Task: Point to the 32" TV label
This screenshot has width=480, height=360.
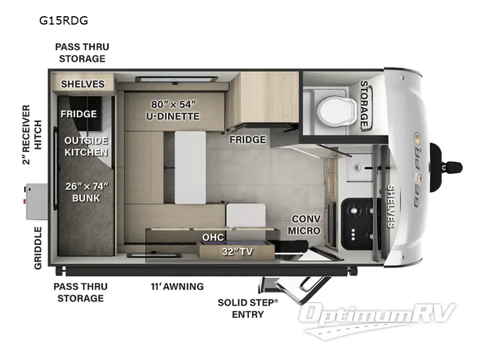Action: pos(237,251)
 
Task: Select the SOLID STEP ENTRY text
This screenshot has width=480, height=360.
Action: pos(248,308)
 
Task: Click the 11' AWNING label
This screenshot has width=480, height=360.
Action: pos(177,286)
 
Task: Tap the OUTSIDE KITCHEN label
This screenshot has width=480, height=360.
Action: pos(86,146)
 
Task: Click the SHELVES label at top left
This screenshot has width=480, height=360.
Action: pos(83,84)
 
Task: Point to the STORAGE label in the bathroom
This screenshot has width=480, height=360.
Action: pos(364,104)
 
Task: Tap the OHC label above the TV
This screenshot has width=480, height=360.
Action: pos(213,238)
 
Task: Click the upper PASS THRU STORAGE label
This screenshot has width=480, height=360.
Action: pos(82,53)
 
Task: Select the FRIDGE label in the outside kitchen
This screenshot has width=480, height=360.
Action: pos(79,113)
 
